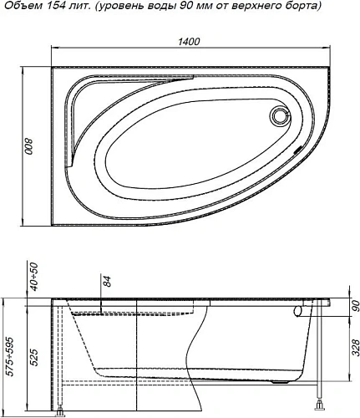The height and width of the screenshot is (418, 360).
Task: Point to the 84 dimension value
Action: point(105,283)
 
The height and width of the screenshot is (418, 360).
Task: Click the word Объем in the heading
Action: point(19,8)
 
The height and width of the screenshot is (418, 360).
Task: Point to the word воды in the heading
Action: point(162,8)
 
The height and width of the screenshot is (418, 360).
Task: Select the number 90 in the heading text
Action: point(187,8)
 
